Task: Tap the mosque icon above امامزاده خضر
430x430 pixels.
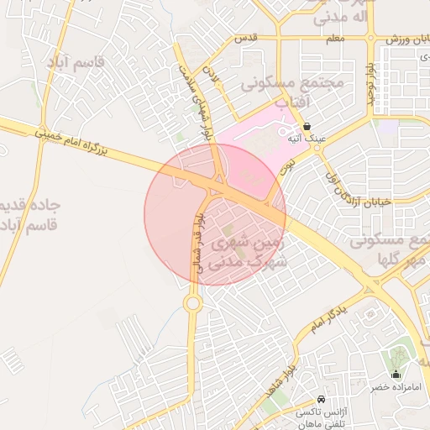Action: [396, 375]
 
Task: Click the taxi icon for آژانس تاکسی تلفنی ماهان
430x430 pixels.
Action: [322, 398]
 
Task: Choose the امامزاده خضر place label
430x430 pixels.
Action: [396, 390]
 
